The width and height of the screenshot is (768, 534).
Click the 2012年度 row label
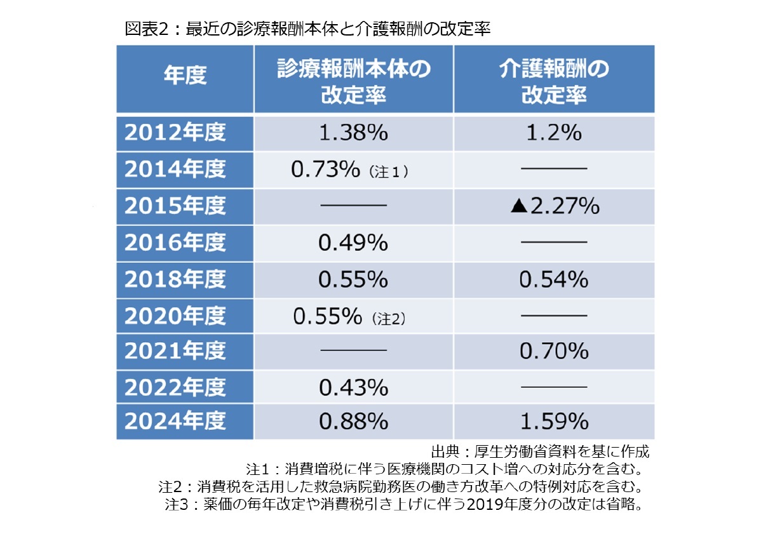[175, 133]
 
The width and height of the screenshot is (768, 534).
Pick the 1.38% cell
[353, 133]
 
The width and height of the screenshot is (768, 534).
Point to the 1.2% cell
[554, 133]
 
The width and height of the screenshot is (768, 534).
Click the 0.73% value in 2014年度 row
[325, 170]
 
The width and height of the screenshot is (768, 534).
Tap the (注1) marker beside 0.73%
[386, 171]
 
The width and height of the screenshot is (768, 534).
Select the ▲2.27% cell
[554, 206]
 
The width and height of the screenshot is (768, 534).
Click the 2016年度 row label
[175, 243]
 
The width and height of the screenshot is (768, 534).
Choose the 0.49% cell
[353, 243]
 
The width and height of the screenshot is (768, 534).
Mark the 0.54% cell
[554, 279]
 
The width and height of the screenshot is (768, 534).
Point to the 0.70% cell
[554, 352]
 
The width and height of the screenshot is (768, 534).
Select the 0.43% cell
[353, 387]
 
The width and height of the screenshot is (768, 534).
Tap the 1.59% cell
[554, 422]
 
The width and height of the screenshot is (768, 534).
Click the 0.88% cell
[353, 422]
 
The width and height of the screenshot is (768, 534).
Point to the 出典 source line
[540, 453]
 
